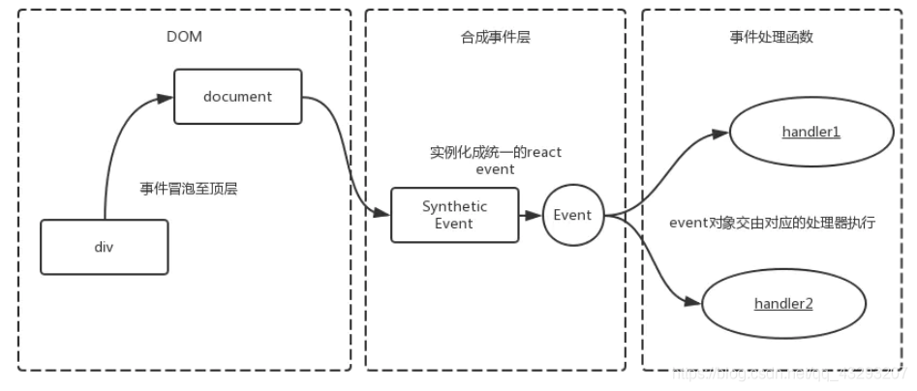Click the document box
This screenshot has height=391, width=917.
(238, 96)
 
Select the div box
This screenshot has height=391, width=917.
(105, 246)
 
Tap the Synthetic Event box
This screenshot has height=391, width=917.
(454, 215)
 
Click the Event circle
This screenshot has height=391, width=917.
(572, 215)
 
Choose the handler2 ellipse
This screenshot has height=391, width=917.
(783, 304)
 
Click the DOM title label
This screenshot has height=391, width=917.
(183, 37)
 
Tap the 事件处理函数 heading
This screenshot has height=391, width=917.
(771, 37)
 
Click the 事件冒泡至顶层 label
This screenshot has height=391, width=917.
(189, 190)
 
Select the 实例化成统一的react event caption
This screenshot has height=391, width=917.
(495, 160)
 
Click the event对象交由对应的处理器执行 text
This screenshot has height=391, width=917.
(773, 222)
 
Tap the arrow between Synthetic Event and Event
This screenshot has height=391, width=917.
(530, 215)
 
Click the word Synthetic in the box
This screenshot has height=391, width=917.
(454, 207)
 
